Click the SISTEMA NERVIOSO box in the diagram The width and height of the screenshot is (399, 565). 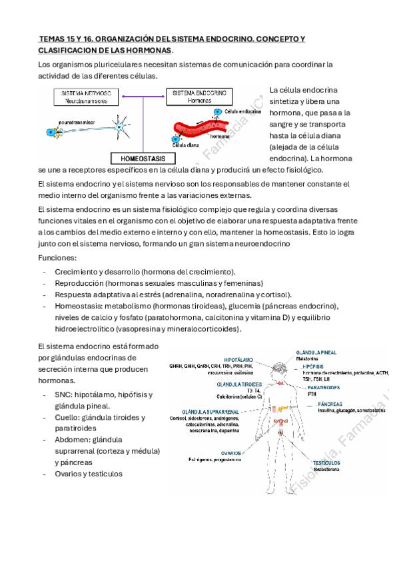pos(87,97)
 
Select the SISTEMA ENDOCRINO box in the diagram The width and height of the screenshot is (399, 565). pos(199,97)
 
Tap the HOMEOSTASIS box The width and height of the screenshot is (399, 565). pos(144,159)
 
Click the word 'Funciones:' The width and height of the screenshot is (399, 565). pos(58,258)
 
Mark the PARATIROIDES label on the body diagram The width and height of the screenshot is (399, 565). pos(326,386)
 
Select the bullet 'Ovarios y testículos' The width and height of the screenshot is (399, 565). pos(89,474)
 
